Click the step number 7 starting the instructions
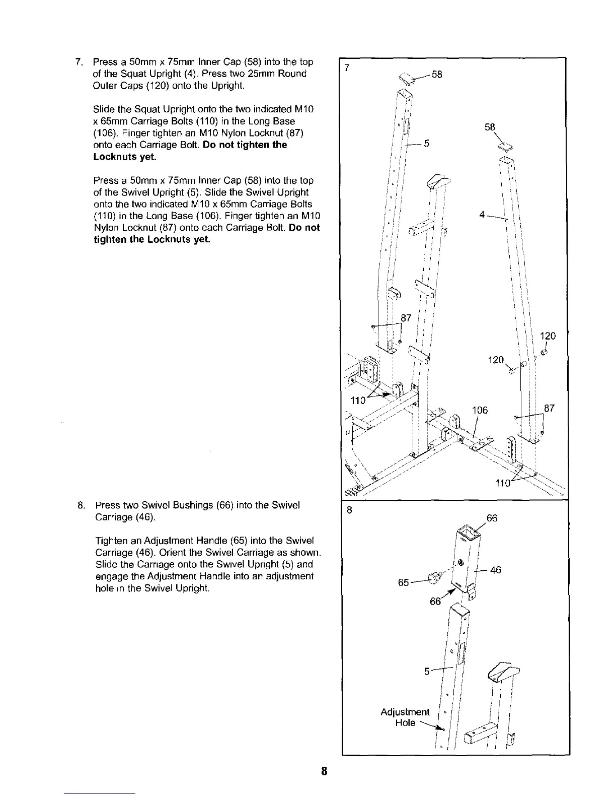pos(78,62)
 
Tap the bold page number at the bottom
pos(325,771)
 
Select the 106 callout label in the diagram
pos(480,410)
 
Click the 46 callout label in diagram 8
pos(495,570)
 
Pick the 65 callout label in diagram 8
pos(403,582)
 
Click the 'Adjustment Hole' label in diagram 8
pos(405,717)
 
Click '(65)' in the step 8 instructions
pos(237,541)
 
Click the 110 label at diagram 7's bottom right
pos(503,483)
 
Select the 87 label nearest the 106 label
pos(549,408)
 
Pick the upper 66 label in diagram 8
pos(492,518)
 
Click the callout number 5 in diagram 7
pos(426,144)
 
